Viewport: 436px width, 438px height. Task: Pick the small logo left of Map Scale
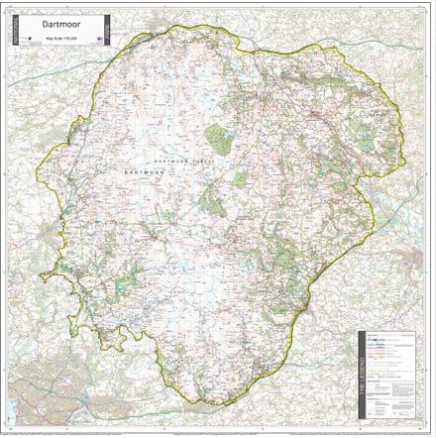pyautogui.click(x=33, y=40)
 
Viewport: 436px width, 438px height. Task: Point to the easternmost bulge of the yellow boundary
pyautogui.click(x=405, y=139)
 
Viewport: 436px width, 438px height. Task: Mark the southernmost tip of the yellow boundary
pyautogui.click(x=214, y=403)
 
